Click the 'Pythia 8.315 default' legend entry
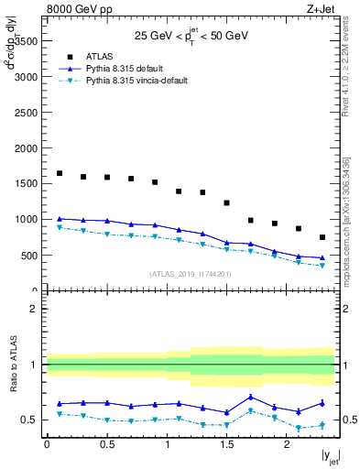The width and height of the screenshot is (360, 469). click(129, 68)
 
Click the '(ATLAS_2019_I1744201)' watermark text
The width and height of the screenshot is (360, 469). click(191, 274)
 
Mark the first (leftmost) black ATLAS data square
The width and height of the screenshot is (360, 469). click(60, 173)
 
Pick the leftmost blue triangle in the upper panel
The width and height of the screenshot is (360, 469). click(60, 219)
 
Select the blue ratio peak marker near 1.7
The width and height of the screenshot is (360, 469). click(251, 397)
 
